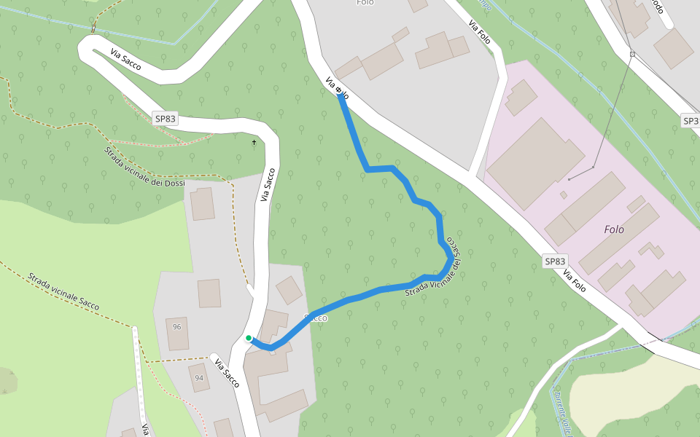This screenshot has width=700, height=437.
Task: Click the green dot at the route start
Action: pyautogui.click(x=249, y=338)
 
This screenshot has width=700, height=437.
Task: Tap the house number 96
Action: pyautogui.click(x=176, y=327)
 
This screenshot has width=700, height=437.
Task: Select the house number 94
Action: pyautogui.click(x=199, y=378)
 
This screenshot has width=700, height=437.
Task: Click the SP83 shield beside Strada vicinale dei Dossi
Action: pyautogui.click(x=166, y=118)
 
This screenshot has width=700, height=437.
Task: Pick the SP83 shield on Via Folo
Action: pyautogui.click(x=555, y=261)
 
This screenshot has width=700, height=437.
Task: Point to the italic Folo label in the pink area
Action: pyautogui.click(x=614, y=229)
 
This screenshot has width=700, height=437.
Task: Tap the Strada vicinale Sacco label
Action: pyautogui.click(x=63, y=292)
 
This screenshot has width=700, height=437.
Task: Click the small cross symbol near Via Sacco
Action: pyautogui.click(x=254, y=142)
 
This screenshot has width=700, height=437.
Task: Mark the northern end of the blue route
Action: pyautogui.click(x=341, y=95)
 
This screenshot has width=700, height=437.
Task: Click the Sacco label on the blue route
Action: pyautogui.click(x=316, y=318)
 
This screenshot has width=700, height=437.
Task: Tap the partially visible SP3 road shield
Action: pyautogui.click(x=691, y=120)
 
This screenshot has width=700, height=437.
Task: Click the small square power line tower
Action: pyautogui.click(x=632, y=54)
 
